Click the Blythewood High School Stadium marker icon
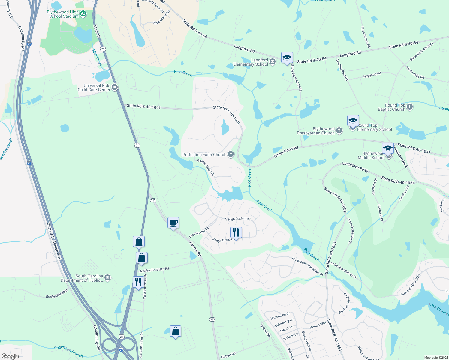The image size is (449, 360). click(83, 13)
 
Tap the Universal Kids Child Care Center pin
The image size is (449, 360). click(115, 87)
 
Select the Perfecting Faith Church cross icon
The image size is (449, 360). click(231, 154)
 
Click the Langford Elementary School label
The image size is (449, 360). click(251, 62)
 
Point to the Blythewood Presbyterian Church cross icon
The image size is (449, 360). click(339, 130)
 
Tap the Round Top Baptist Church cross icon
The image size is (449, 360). click(410, 106)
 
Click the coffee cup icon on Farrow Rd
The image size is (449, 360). click(173, 223)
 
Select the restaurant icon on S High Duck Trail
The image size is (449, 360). click(236, 232)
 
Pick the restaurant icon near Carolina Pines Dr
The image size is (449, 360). click(138, 282)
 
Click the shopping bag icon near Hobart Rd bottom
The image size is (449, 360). click(175, 331)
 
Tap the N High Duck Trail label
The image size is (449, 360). click(237, 219)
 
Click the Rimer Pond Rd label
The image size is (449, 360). click(286, 152)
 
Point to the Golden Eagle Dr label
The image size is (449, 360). click(206, 167)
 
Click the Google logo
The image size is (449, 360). click(10, 356)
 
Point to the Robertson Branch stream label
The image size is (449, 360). click(68, 351)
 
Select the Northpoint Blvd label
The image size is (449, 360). click(57, 294)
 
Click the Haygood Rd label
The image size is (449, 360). click(372, 75)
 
